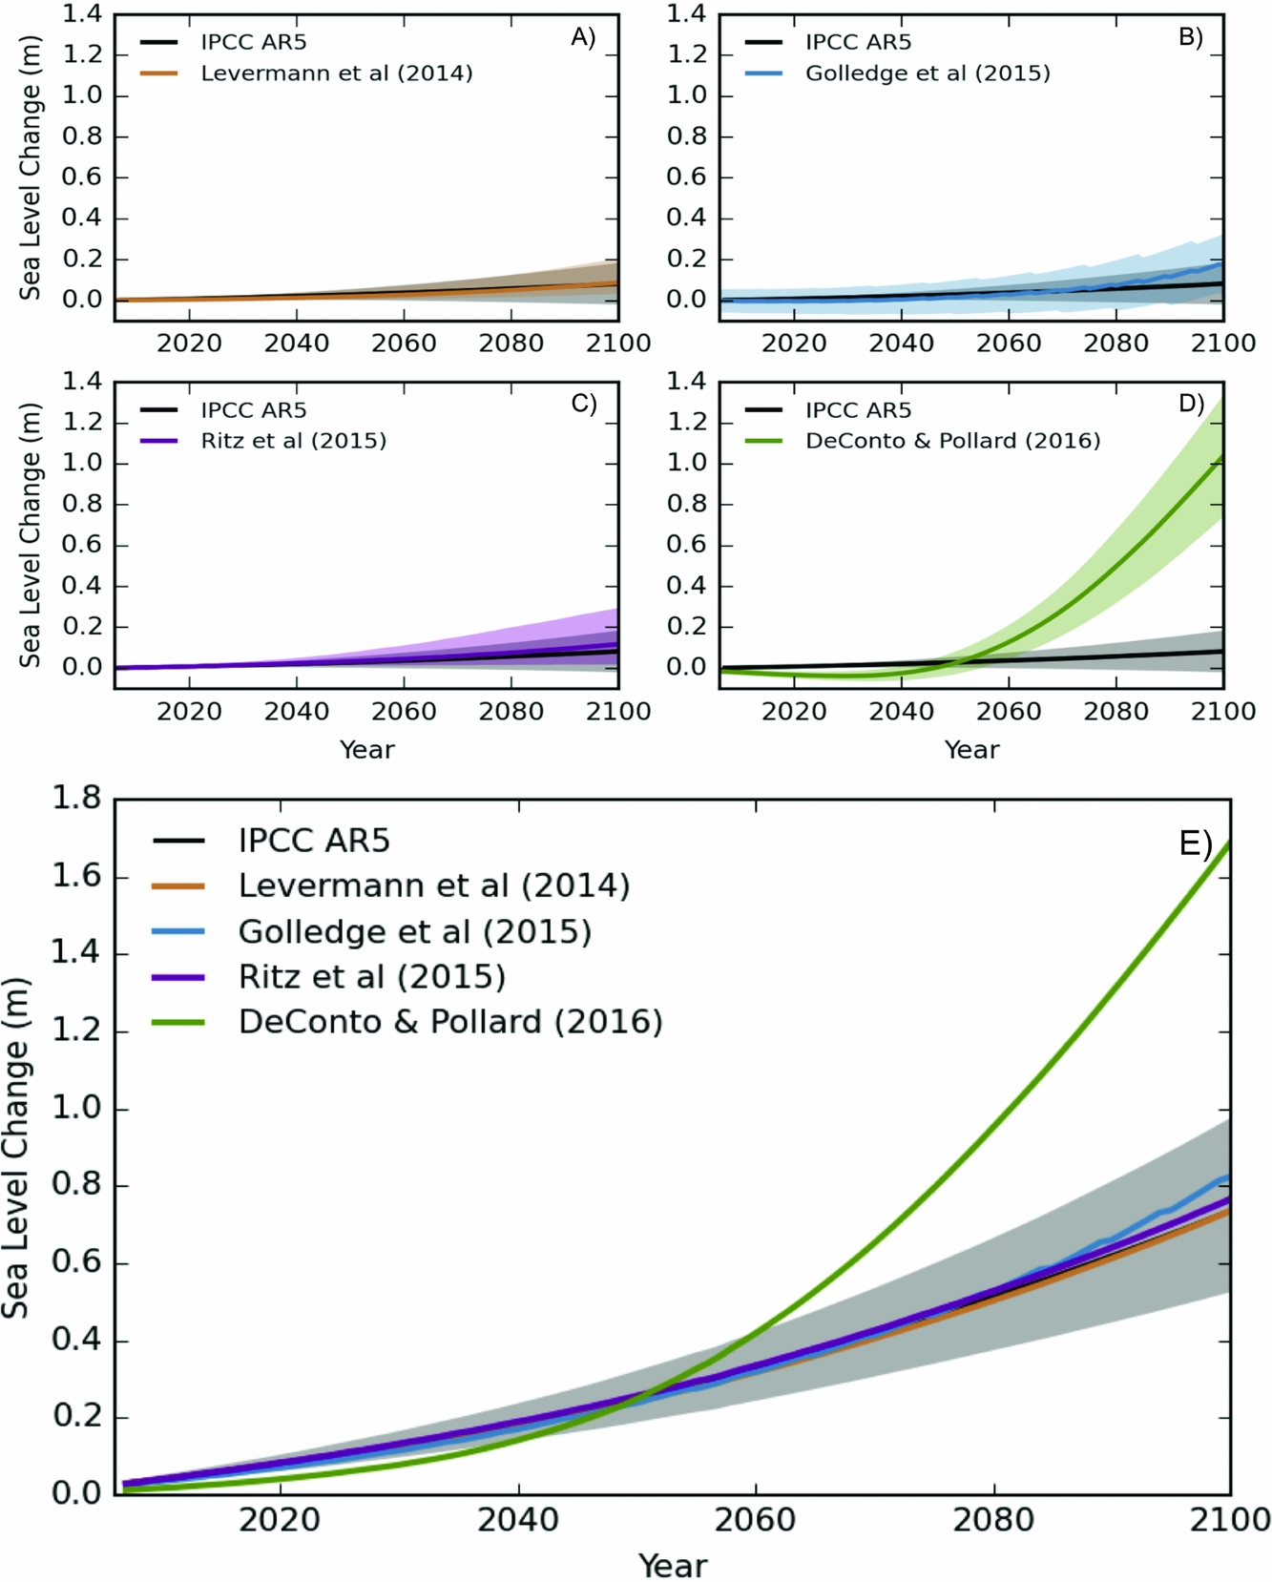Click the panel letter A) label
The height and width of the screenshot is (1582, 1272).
tap(583, 37)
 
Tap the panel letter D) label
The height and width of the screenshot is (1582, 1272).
tap(1191, 404)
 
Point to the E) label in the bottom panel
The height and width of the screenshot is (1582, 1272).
tap(1196, 843)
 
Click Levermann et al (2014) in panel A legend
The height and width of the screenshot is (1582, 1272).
tap(336, 73)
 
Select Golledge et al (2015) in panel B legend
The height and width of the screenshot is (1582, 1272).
tap(928, 73)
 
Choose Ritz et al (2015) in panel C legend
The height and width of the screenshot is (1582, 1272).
tap(293, 441)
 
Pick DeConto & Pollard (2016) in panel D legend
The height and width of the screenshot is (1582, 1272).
tap(952, 441)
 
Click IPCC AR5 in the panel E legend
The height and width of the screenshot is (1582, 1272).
tap(314, 841)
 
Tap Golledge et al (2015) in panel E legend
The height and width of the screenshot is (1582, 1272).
tap(415, 931)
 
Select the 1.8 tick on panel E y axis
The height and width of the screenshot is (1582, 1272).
tap(76, 798)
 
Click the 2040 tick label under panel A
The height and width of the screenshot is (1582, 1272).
tap(297, 343)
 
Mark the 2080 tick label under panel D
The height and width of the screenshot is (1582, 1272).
tap(1116, 712)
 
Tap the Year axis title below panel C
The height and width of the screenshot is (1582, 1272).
tap(366, 750)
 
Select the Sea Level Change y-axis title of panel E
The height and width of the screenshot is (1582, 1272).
tap(16, 1148)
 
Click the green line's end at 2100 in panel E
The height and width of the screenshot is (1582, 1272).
tap(1228, 843)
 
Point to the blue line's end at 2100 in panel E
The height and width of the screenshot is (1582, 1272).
tap(1227, 1178)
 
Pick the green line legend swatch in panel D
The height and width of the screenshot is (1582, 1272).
tap(763, 441)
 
